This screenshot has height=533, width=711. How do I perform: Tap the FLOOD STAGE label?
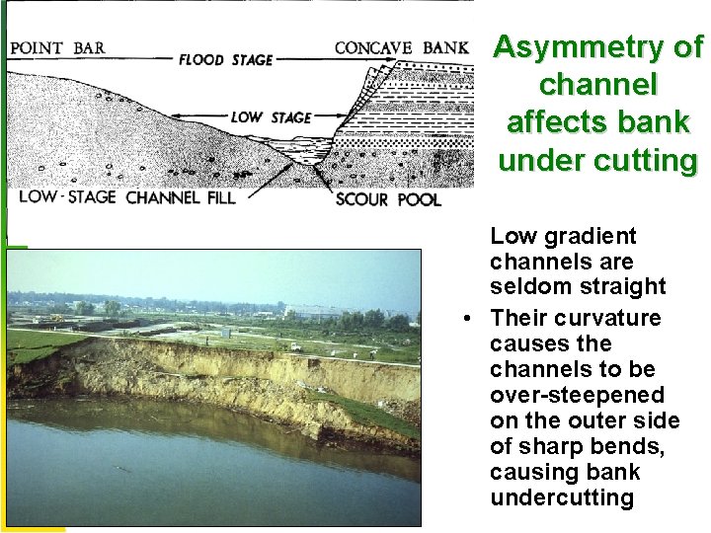point(225,59)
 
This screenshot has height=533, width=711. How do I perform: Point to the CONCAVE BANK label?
point(401,47)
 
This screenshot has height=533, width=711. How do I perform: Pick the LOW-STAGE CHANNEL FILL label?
point(126,196)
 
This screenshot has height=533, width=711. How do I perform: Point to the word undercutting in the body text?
point(562,497)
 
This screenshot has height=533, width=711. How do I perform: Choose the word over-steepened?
point(577,395)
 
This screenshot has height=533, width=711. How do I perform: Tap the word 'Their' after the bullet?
point(519,318)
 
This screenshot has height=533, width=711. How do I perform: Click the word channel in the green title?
point(598,85)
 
